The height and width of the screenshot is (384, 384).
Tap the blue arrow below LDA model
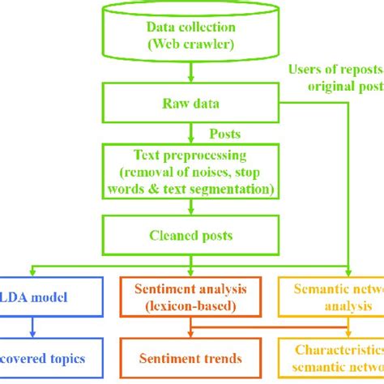click(x=32, y=327)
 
